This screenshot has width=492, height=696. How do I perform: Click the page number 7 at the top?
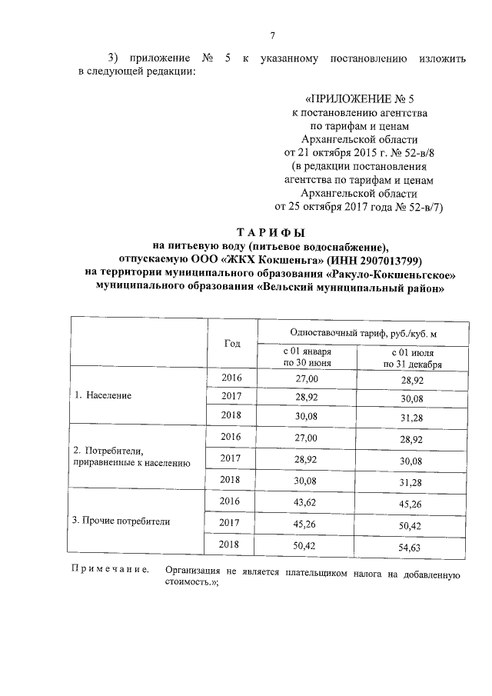coord(273,35)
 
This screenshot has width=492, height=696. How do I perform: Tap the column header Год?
coord(231,343)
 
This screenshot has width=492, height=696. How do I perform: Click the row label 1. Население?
coord(102,395)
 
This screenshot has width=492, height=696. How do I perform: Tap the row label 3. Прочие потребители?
coord(121,521)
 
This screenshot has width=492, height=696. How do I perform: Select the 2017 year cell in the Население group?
coord(231,395)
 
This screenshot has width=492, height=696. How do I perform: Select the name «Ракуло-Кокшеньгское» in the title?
coord(391,273)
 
